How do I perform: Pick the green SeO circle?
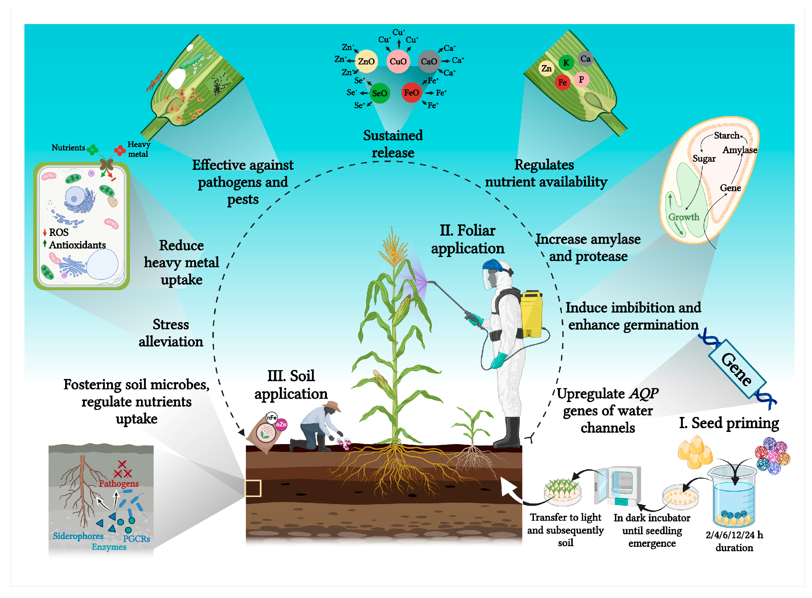[379, 93]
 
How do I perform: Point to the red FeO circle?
[411, 93]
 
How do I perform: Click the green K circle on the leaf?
[566, 63]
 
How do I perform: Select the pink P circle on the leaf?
[581, 79]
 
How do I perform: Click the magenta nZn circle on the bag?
[281, 424]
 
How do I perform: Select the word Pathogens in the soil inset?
[119, 483]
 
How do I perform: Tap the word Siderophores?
[78, 536]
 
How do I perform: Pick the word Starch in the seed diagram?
[726, 135]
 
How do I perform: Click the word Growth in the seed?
[683, 217]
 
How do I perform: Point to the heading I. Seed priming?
[728, 423]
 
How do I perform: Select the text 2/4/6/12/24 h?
[734, 535]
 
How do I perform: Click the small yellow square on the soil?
[253, 488]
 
